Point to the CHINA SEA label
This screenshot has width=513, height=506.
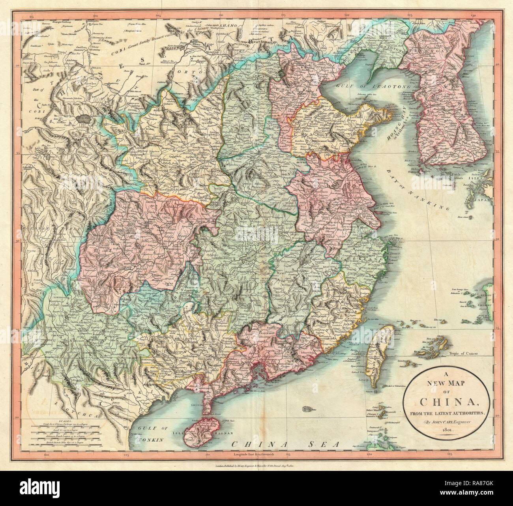tap(286, 444)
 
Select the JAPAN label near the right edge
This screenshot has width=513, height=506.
tap(483, 200)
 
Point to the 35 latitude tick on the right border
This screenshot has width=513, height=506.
tap(498, 151)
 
